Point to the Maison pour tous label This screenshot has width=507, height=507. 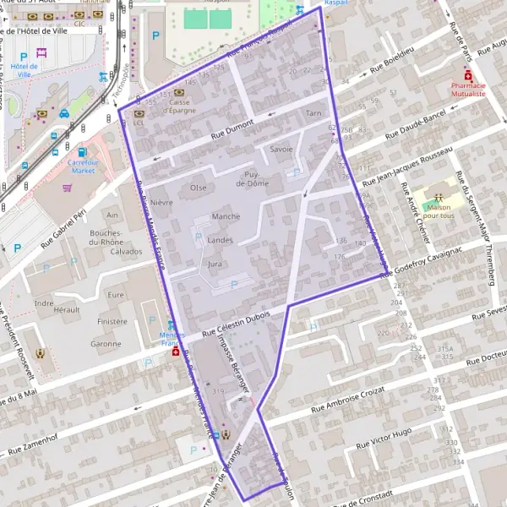click(x=438, y=211)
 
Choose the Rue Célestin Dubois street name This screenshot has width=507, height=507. click(x=236, y=320)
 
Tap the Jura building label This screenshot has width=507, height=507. click(x=215, y=264)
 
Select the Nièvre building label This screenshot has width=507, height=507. click(x=161, y=203)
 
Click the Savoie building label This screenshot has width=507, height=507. click(x=281, y=149)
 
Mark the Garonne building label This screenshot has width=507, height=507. click(x=106, y=344)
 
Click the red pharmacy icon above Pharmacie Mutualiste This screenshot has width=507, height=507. click(x=468, y=74)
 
